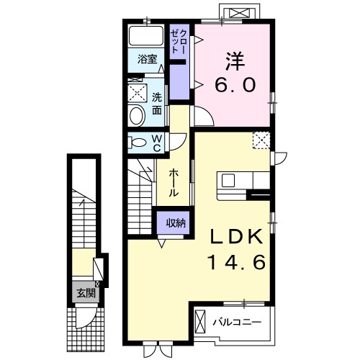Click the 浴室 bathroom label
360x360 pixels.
148,59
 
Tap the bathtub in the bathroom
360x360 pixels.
146,35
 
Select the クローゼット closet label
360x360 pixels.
178,41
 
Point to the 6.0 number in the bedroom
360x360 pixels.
235,86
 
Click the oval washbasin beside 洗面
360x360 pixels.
137,116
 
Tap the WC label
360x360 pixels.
156,143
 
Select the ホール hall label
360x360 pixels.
174,182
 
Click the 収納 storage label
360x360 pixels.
176,223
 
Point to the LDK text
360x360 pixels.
236,236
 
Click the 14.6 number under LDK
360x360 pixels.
238,261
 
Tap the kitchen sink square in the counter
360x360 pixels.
228,181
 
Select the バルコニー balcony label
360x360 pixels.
237,322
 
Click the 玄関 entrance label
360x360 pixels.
86,293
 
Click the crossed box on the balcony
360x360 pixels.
200,321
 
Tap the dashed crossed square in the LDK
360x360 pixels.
261,140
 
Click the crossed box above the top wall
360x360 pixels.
240,13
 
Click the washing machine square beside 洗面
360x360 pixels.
137,93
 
